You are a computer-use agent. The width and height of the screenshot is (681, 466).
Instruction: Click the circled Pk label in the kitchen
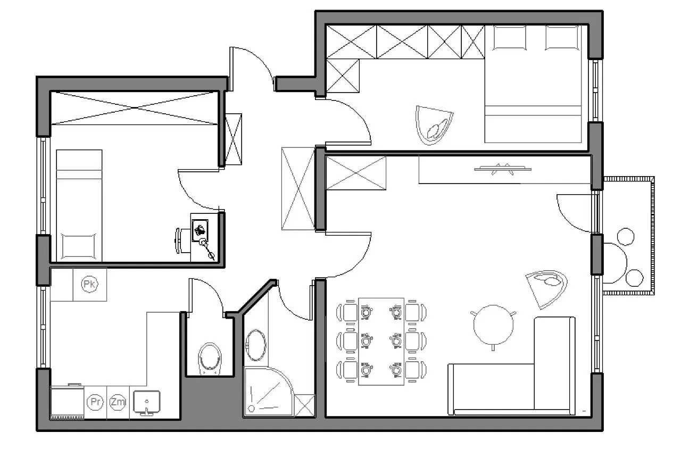tap(89, 284)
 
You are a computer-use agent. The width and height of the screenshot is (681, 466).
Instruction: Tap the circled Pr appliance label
tap(95, 402)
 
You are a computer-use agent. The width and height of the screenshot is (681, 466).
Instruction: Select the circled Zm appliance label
tap(118, 402)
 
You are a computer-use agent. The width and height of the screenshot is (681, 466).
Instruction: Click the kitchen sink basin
tap(147, 402)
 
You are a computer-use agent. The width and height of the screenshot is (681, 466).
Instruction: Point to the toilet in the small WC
tap(210, 359)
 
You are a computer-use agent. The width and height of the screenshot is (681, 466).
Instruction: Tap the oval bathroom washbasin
tap(255, 345)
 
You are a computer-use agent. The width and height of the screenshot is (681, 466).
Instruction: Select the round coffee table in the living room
tap(493, 325)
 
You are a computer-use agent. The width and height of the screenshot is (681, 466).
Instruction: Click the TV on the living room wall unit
tap(503, 169)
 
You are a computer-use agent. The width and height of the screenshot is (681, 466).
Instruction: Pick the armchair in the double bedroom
tap(434, 125)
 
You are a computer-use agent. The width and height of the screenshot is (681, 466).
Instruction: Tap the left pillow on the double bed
tap(510, 38)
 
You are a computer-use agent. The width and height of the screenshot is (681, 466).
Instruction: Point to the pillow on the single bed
tap(78, 246)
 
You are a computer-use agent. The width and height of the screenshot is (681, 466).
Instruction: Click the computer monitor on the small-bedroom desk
tap(200, 231)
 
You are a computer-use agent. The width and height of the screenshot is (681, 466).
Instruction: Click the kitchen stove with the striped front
tap(67, 402)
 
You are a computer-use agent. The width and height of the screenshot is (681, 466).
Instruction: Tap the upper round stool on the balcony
tap(626, 237)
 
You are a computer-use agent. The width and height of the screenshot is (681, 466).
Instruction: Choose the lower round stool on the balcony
tap(635, 278)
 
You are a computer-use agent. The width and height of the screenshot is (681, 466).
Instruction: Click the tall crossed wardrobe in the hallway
tap(298, 188)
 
